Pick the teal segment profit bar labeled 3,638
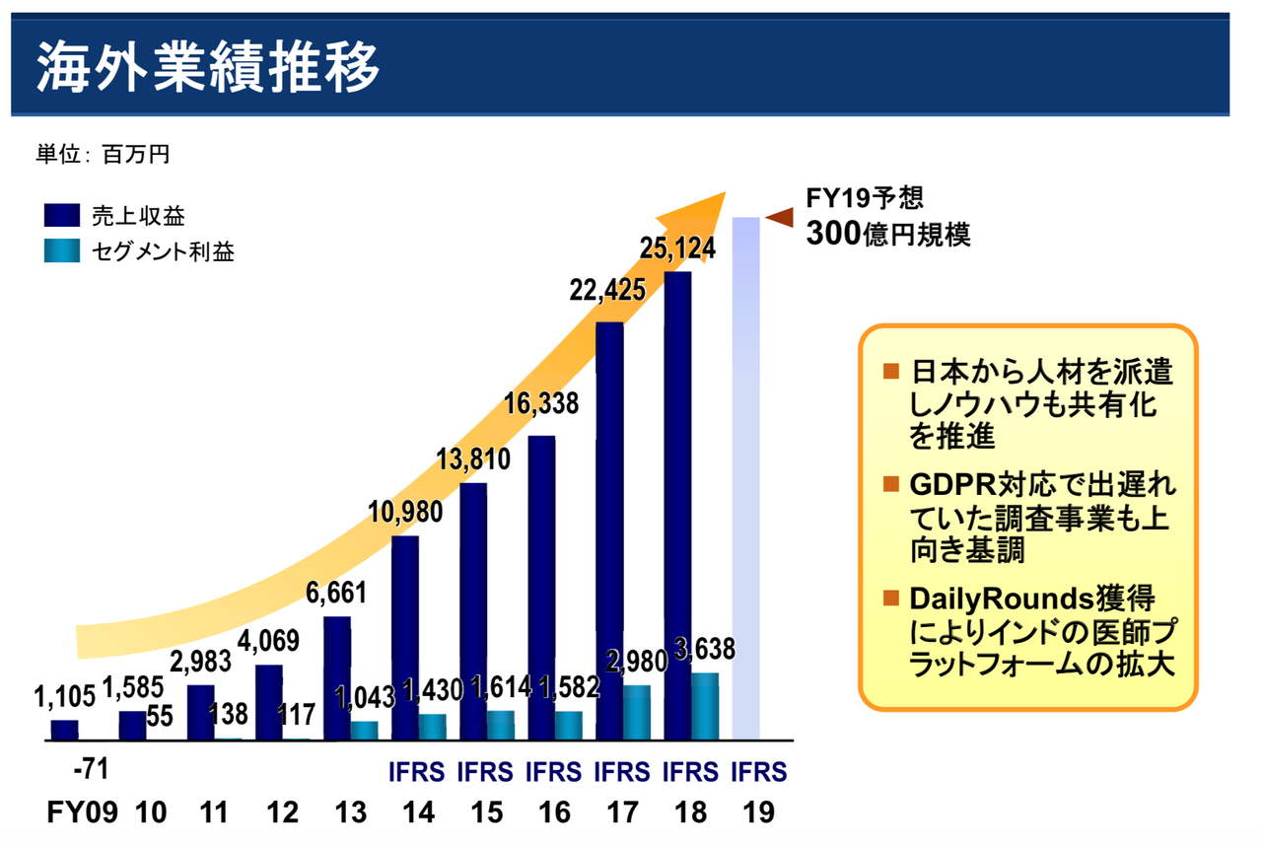tap(705, 706)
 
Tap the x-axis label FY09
tap(82, 812)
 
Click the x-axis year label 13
tap(350, 812)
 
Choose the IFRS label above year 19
tap(759, 771)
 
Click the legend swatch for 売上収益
tap(61, 216)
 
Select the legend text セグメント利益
tap(163, 251)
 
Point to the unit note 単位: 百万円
tap(103, 154)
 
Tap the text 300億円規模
tap(887, 235)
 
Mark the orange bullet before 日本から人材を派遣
tap(891, 372)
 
